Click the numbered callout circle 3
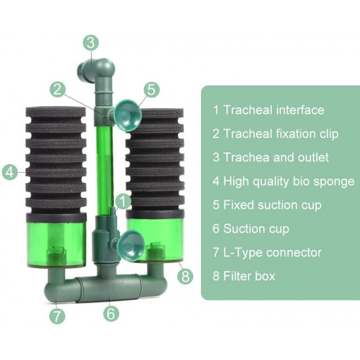[91, 43]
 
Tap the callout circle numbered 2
[58, 89]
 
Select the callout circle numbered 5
[152, 89]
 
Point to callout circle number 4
[10, 172]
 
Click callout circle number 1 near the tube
[123, 202]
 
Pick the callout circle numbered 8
[185, 276]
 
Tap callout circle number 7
[57, 316]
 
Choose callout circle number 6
[111, 314]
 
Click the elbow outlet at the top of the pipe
[96, 71]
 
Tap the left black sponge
[56, 160]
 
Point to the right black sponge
[155, 159]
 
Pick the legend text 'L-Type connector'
[272, 252]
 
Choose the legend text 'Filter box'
[249, 276]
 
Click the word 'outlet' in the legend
[313, 157]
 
